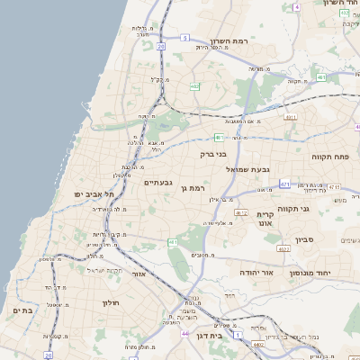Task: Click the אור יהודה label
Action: (x=255, y=271)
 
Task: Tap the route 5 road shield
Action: (x=184, y=37)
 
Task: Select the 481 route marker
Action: (x=219, y=137)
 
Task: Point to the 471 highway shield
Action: (x=284, y=184)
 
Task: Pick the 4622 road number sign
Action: (x=283, y=249)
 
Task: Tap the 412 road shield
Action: (x=242, y=212)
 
